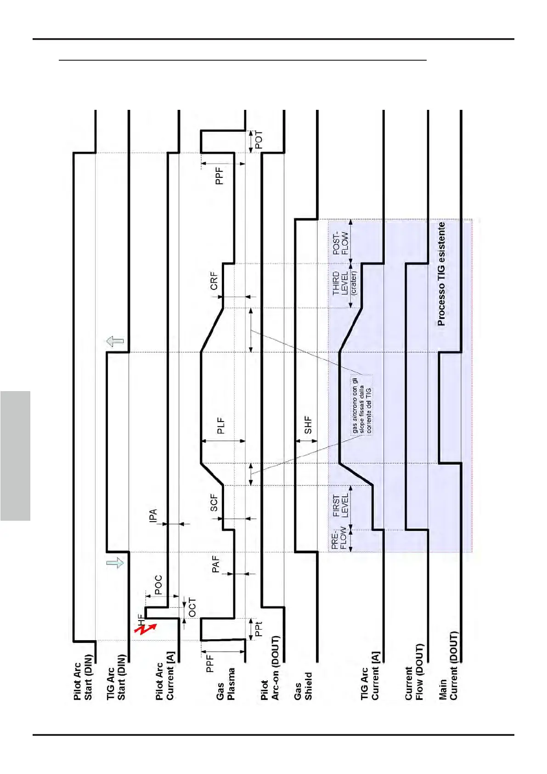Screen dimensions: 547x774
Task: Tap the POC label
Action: [x=158, y=585]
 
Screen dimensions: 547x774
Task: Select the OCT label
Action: [x=192, y=608]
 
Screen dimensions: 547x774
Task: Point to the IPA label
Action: [x=153, y=515]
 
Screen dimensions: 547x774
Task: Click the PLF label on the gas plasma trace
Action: [x=221, y=426]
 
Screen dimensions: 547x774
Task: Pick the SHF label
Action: [x=308, y=425]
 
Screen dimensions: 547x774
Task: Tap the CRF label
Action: [x=214, y=281]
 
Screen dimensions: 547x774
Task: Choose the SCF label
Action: [x=214, y=503]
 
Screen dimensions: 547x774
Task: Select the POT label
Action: [x=259, y=140]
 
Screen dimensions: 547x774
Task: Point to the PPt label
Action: [x=259, y=629]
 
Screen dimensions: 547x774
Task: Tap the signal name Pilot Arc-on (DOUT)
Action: [x=270, y=668]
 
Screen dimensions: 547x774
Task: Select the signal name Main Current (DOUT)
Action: [x=449, y=666]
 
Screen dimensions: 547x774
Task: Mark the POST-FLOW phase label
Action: [x=340, y=241]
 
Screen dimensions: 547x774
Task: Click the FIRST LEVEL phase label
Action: [x=340, y=506]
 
